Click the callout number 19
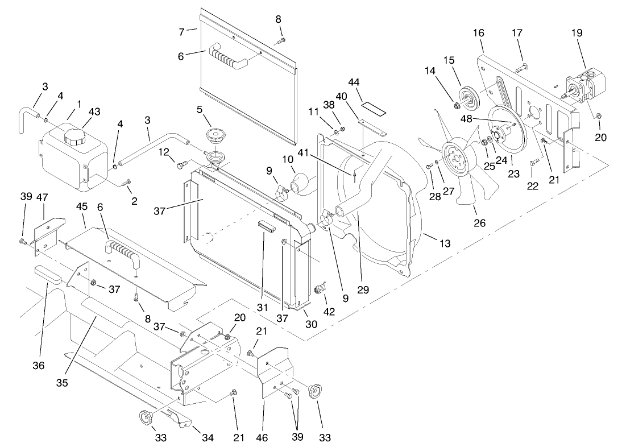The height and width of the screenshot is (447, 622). pyautogui.click(x=577, y=33)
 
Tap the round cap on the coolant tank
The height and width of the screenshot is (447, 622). pyautogui.click(x=74, y=136)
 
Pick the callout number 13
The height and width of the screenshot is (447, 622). pyautogui.click(x=445, y=243)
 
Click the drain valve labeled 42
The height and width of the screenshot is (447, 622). pyautogui.click(x=320, y=289)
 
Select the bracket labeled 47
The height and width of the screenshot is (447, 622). pyautogui.click(x=45, y=234)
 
